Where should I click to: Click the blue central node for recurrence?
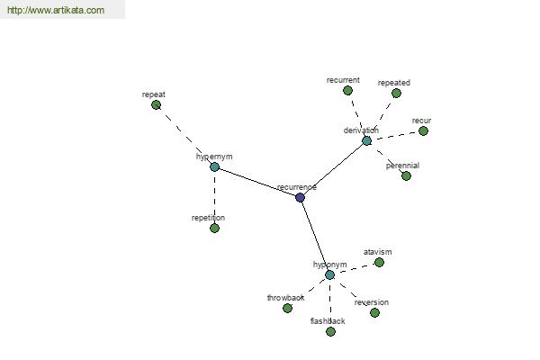(x=300, y=197)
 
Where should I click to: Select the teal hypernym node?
(x=214, y=167)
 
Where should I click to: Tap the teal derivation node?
(x=367, y=140)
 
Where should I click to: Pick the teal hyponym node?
(x=329, y=274)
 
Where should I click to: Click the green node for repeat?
(x=156, y=104)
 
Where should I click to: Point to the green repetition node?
(x=214, y=228)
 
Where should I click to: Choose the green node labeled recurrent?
(x=347, y=91)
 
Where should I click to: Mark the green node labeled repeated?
(x=396, y=93)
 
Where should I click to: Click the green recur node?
(x=423, y=130)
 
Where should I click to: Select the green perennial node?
(x=407, y=176)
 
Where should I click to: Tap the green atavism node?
(x=379, y=263)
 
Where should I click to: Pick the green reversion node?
(x=374, y=313)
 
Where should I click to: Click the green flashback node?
(x=330, y=332)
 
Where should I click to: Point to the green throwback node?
(x=288, y=309)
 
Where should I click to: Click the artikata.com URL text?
(x=56, y=10)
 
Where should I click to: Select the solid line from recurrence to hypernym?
(x=257, y=182)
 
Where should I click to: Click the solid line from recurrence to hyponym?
(x=315, y=237)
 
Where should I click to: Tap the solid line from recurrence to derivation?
(x=333, y=169)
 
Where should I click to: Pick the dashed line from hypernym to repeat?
(x=185, y=136)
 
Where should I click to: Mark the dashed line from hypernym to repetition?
(x=214, y=198)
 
